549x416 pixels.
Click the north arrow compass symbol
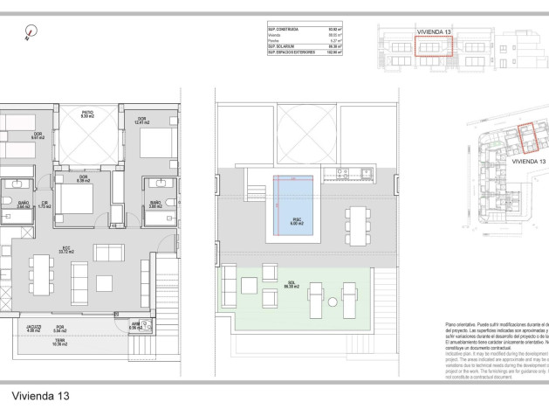(x=31, y=32)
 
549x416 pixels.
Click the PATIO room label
(x=87, y=113)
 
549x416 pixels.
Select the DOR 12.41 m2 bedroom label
(x=141, y=120)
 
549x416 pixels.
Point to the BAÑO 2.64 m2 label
(x=24, y=205)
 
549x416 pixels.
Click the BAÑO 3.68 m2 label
(x=154, y=204)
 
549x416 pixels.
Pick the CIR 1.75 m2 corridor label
(x=45, y=205)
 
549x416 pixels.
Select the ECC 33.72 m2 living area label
(x=66, y=250)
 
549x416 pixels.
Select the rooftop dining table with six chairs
(x=357, y=224)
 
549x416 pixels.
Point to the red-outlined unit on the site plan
(x=527, y=137)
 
